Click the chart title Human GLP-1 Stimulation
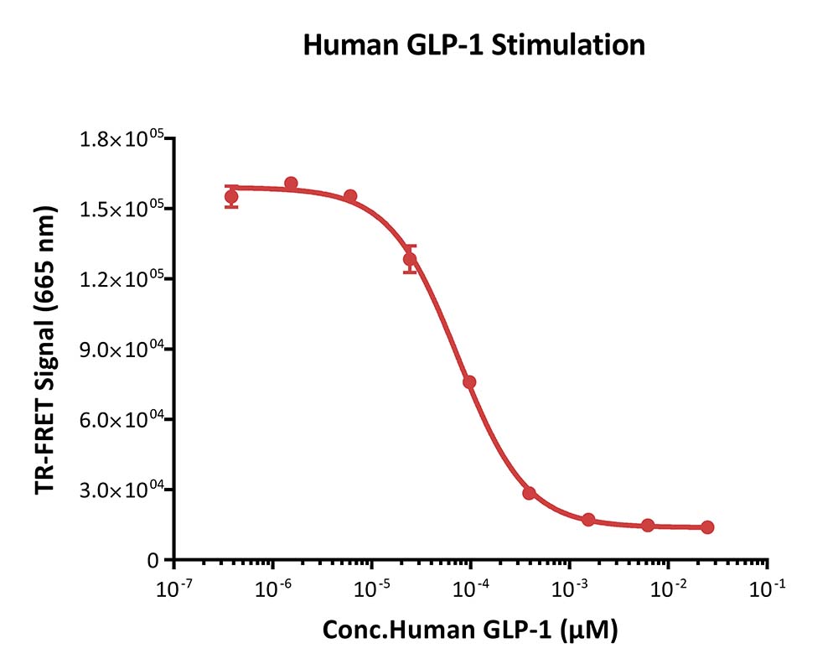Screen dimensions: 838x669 click(474, 45)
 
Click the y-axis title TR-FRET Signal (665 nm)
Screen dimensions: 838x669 click(46, 350)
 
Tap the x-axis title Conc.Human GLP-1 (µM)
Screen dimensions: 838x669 click(470, 630)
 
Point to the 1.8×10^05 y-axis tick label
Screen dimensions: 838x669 click(122, 139)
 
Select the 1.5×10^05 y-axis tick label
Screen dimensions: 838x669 click(122, 209)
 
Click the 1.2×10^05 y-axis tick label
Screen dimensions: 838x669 click(122, 279)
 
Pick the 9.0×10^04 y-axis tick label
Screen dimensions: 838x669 click(122, 350)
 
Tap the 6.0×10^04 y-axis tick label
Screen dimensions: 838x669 click(122, 420)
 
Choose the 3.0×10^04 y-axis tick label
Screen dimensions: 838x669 click(122, 490)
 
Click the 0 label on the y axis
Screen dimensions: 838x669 click(153, 561)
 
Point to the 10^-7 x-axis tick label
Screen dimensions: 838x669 click(173, 589)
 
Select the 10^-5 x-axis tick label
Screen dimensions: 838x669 click(372, 589)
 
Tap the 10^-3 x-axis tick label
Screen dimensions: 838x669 click(570, 589)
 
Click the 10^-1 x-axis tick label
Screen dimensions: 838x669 click(768, 589)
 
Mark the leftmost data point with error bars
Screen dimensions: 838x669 click(231, 197)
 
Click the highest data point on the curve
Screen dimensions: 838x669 click(291, 184)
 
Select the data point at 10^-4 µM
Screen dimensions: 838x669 click(469, 381)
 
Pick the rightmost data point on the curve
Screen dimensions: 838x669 click(707, 527)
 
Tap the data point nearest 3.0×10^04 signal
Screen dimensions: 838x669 click(529, 493)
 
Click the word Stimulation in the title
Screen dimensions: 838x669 click(568, 45)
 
